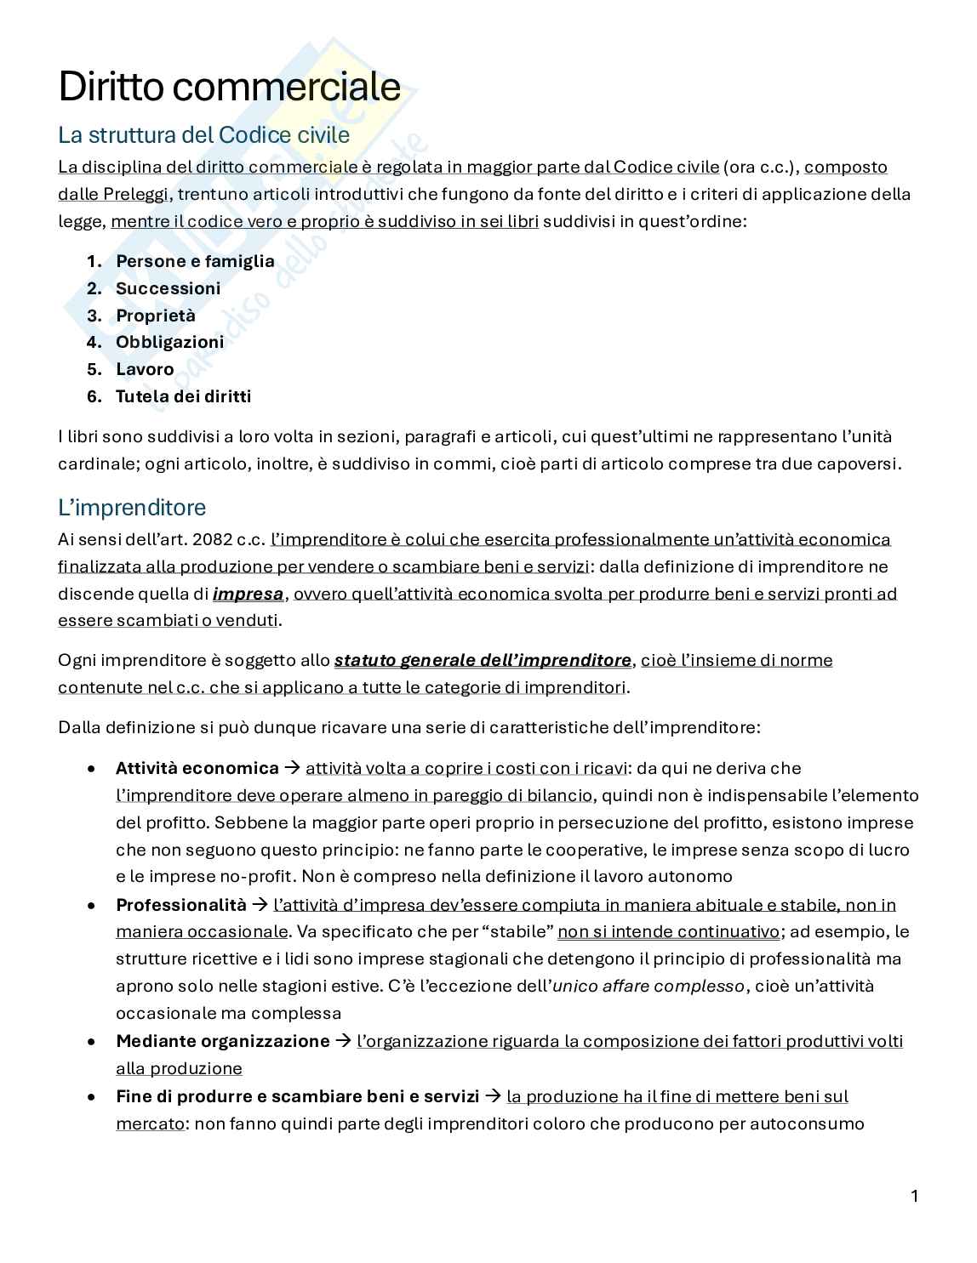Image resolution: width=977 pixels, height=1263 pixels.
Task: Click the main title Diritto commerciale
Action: (x=229, y=87)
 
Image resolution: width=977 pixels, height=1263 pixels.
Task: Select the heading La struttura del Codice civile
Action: (x=203, y=135)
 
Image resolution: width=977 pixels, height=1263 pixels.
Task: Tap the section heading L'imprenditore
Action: (x=132, y=508)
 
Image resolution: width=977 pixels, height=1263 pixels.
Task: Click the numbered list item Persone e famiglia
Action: (x=195, y=261)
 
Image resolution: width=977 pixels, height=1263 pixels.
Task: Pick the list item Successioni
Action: (x=168, y=288)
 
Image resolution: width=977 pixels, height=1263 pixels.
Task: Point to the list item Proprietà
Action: (x=156, y=316)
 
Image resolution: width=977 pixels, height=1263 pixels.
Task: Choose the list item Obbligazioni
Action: (x=169, y=342)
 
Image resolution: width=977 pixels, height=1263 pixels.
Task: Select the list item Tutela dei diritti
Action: (x=183, y=396)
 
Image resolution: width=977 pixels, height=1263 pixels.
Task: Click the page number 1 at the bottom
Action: (x=915, y=1197)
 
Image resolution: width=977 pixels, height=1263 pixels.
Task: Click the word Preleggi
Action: (x=136, y=194)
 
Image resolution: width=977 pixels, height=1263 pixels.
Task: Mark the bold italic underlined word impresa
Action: (x=248, y=594)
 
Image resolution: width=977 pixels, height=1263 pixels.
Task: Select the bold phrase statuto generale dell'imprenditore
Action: (x=483, y=660)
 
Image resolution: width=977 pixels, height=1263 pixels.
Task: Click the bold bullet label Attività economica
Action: (x=197, y=768)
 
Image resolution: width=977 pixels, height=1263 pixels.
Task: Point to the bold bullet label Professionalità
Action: (x=180, y=904)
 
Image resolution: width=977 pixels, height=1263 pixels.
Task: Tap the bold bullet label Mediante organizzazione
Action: (x=222, y=1041)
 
